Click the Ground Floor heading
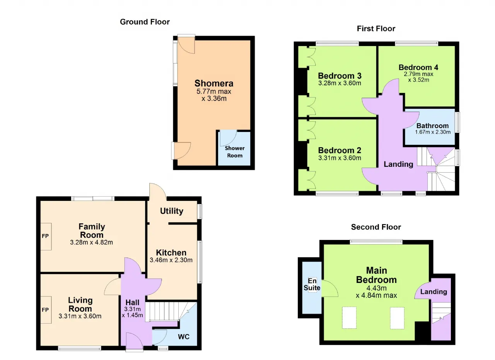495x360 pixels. point(145,22)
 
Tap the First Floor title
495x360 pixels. point(376,29)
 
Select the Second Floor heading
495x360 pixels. point(376,227)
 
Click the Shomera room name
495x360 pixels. point(214,83)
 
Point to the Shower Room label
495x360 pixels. point(235,152)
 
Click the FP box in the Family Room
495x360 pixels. point(46,237)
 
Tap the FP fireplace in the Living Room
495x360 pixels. point(46,310)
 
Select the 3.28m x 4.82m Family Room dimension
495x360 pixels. point(92,242)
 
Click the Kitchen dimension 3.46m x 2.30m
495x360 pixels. point(171,260)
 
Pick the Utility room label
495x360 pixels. point(171,211)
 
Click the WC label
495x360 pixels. point(184,337)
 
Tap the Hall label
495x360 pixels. point(132,302)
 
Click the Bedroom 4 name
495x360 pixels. point(418,67)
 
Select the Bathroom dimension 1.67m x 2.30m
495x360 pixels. point(433,132)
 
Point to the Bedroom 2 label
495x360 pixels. point(340,150)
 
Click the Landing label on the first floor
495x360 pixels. point(398,164)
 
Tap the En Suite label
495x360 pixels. point(312,284)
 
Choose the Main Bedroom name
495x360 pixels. point(376,275)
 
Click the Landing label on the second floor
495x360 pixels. point(434,291)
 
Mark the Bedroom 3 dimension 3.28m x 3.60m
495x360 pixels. point(340,83)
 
